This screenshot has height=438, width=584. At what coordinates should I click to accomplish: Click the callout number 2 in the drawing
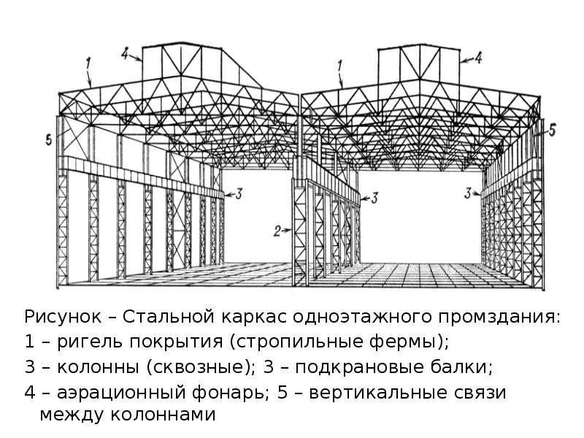[x=277, y=231]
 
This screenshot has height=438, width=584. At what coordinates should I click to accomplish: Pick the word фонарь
[x=231, y=391]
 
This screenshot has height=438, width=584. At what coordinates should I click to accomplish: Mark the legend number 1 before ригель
[x=29, y=342]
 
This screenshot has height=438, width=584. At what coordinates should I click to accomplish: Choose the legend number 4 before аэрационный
[x=29, y=391]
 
